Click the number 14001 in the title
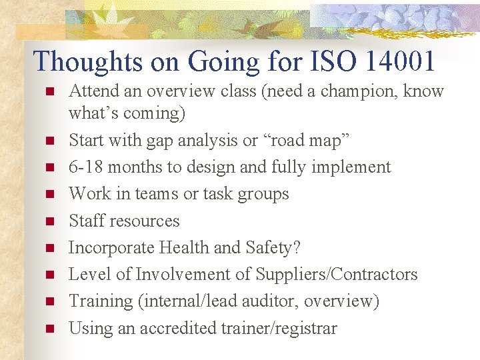400,62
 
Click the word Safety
273,247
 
